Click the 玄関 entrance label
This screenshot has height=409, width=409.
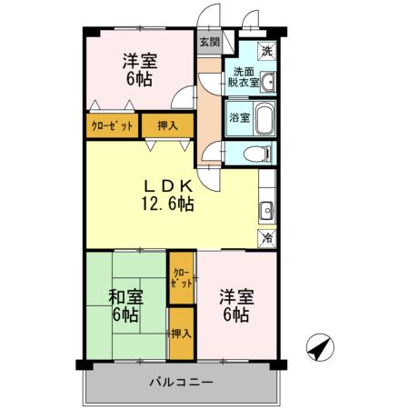pyautogui.click(x=208, y=42)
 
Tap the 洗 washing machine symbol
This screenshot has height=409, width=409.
pyautogui.click(x=266, y=51)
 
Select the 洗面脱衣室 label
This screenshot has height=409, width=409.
pyautogui.click(x=244, y=77)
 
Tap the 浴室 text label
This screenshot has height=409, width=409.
pyautogui.click(x=239, y=117)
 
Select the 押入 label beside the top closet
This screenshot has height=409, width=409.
pyautogui.click(x=167, y=126)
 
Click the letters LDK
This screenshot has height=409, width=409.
pyautogui.click(x=166, y=184)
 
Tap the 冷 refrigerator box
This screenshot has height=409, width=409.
pyautogui.click(x=267, y=237)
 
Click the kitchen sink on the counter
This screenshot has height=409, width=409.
pyautogui.click(x=267, y=212)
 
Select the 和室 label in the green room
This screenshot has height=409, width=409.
pyautogui.click(x=125, y=295)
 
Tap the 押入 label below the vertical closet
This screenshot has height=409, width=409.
pyautogui.click(x=181, y=334)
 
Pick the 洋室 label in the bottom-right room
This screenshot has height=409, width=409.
pyautogui.click(x=235, y=295)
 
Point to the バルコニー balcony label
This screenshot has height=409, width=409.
pyautogui.click(x=182, y=382)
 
